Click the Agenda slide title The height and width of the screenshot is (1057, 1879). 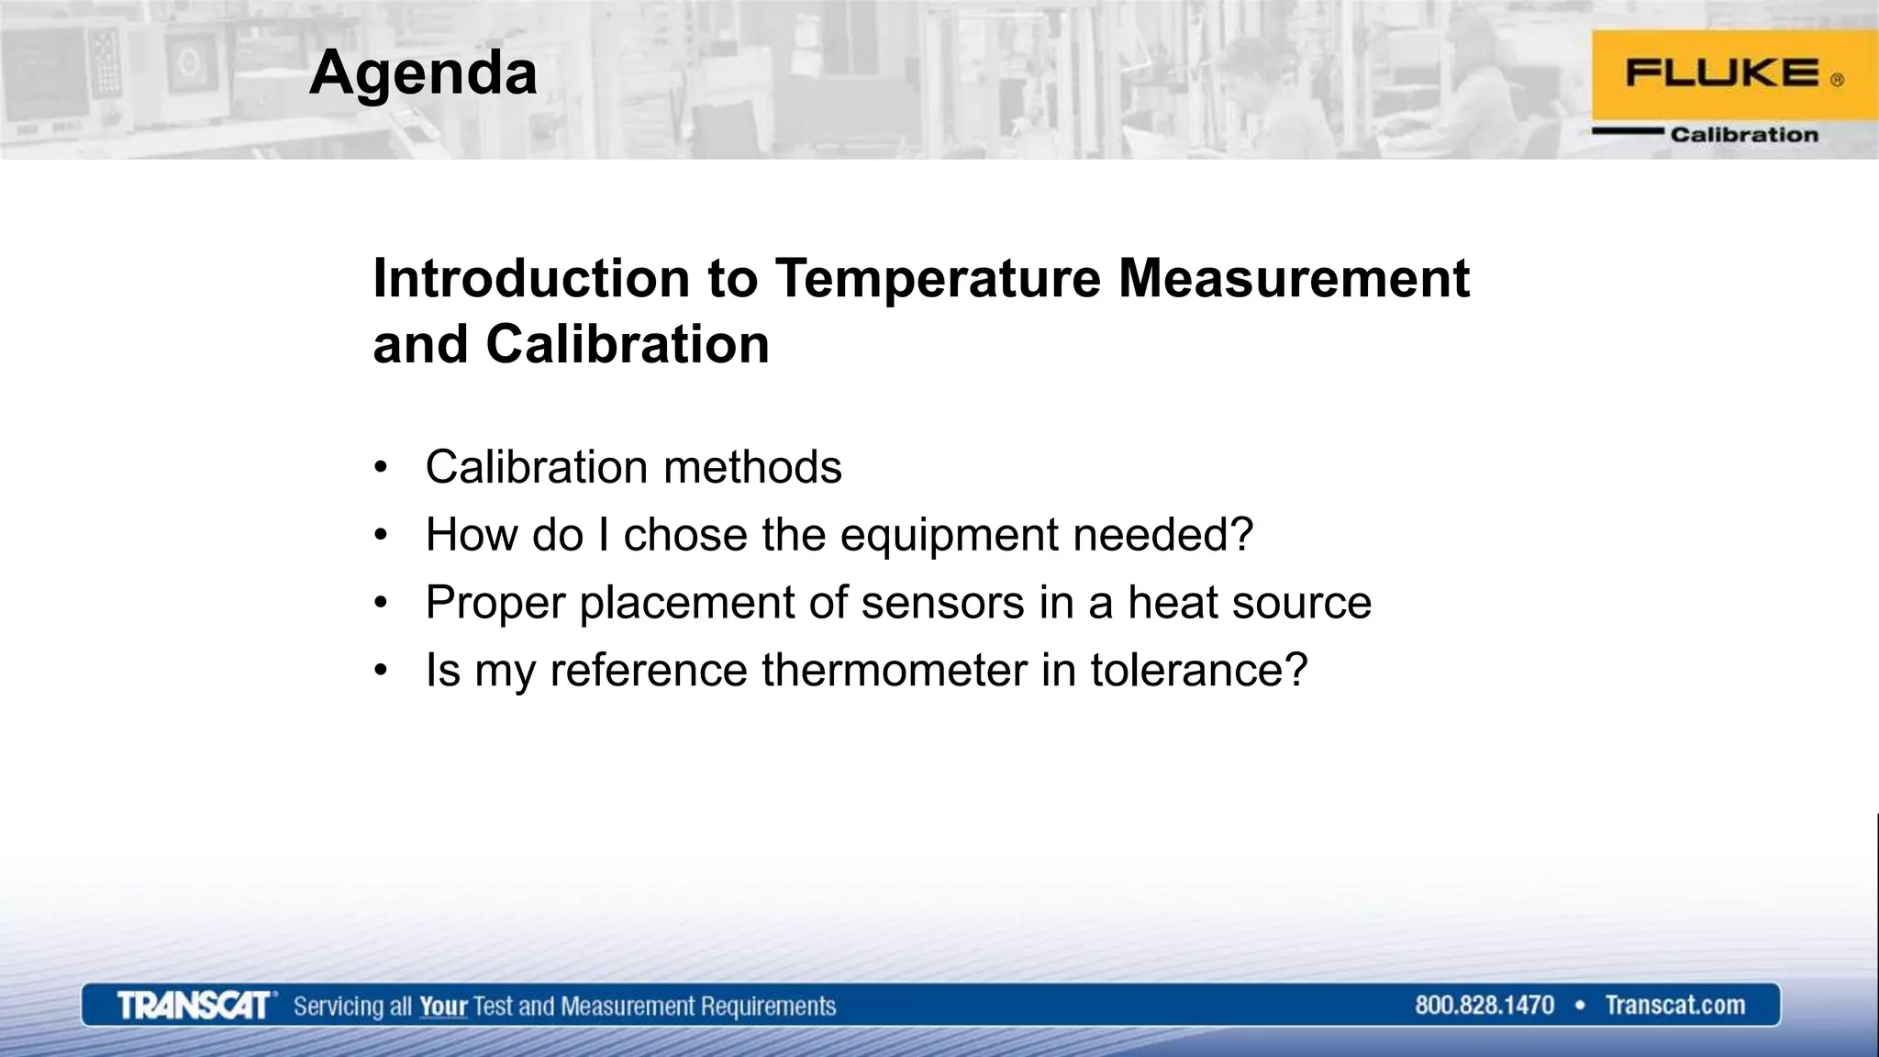423,72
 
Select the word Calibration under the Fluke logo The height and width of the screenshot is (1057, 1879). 1743,135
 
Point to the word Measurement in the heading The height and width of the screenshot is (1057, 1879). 1294,278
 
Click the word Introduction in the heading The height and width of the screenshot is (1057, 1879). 531,278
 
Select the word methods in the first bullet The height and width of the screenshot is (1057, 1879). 752,467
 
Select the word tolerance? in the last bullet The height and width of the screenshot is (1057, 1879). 1198,670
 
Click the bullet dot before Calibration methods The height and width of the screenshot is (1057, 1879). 381,467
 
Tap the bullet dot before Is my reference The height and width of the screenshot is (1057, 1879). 381,670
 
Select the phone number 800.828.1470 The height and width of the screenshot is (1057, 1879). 1484,1006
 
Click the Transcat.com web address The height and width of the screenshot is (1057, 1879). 1674,1006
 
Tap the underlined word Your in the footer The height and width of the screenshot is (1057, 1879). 443,1007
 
